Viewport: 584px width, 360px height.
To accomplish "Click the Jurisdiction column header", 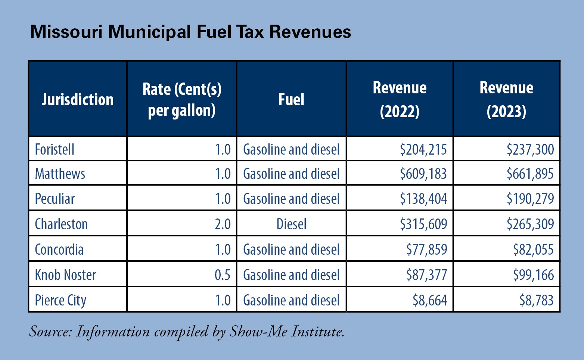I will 78,99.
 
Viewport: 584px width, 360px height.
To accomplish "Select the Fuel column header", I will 291,99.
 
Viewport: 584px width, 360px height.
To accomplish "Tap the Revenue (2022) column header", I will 400,99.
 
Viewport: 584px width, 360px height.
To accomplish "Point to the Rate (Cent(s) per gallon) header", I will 182,99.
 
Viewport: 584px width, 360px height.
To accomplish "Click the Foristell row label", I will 55,149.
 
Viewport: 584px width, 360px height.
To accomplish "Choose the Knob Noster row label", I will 65,275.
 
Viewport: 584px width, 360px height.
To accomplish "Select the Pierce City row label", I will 60,300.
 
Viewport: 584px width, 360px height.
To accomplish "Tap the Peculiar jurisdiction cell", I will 55,199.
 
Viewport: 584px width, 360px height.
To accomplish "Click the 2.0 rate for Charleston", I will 223,224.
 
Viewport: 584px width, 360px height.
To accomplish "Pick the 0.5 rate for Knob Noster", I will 223,275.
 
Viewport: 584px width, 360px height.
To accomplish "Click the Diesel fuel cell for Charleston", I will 291,224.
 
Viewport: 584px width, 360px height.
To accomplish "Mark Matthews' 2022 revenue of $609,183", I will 423,174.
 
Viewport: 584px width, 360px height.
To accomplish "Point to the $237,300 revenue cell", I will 530,149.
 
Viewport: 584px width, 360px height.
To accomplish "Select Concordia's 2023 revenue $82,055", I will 533,249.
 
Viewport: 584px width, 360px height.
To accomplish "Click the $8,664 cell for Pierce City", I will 429,300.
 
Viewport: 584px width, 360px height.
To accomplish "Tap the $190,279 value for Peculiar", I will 530,199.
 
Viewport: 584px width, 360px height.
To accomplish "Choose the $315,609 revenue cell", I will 423,224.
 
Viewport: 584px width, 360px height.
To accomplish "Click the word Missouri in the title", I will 66,32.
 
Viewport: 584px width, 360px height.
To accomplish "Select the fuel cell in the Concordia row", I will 291,249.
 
